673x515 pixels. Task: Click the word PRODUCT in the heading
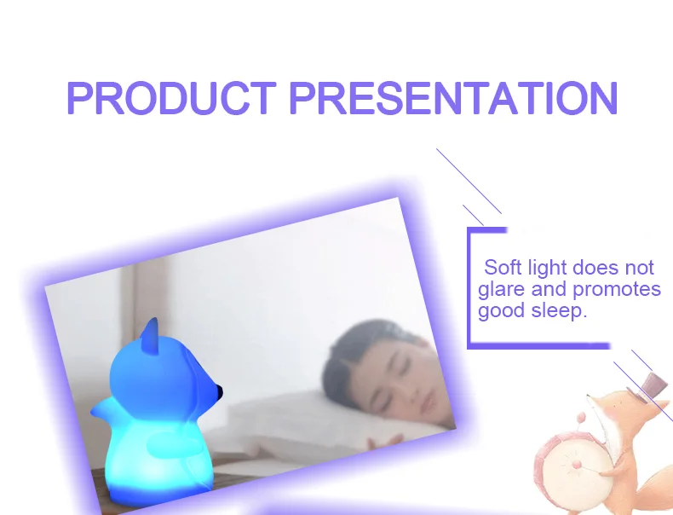(171, 98)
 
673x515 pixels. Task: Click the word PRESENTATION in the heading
(454, 98)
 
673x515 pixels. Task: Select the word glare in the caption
(502, 290)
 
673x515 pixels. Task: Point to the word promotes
(617, 290)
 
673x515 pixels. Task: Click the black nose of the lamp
(220, 391)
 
